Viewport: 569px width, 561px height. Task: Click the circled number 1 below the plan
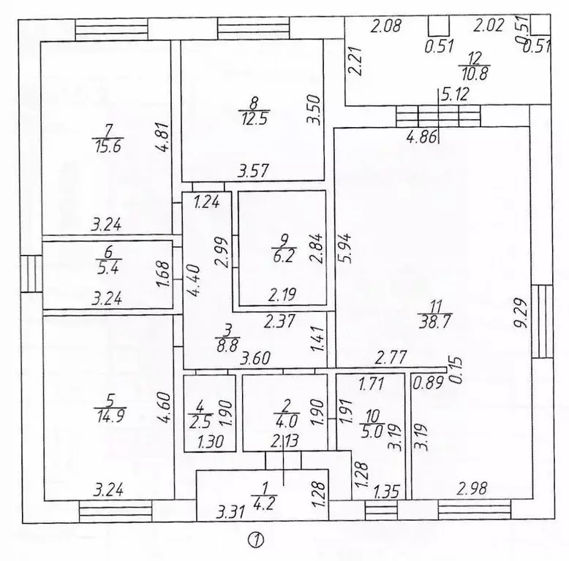pyautogui.click(x=257, y=541)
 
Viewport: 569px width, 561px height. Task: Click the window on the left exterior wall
pyautogui.click(x=31, y=272)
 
